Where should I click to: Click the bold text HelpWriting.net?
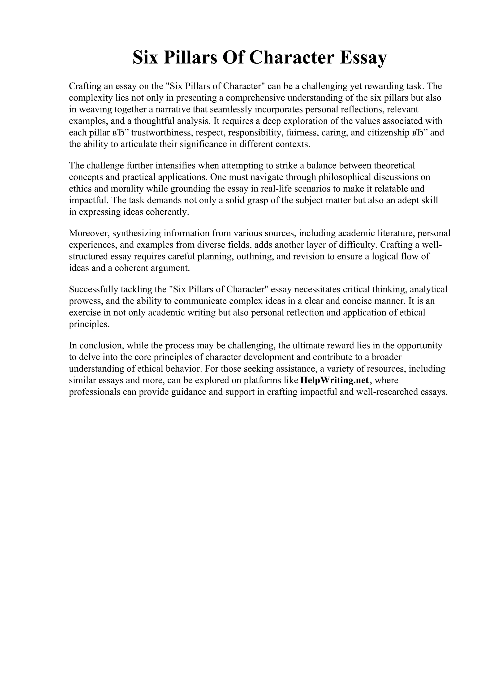coord(335,380)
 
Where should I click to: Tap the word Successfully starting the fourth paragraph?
coord(93,289)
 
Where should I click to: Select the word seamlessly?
coord(231,109)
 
